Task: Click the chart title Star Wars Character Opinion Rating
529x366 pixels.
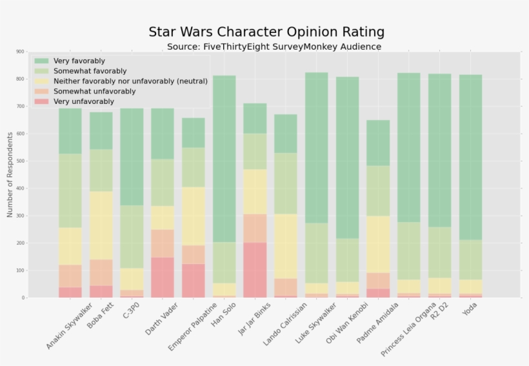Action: click(266, 32)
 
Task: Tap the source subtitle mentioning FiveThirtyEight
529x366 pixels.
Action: click(274, 47)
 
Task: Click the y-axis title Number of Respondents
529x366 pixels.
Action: click(10, 174)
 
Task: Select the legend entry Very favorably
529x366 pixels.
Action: click(79, 61)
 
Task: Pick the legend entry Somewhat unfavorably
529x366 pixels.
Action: click(94, 92)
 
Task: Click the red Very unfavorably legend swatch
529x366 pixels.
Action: click(42, 102)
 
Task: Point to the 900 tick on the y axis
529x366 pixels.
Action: click(20, 52)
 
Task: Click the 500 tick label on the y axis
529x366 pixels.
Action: click(20, 161)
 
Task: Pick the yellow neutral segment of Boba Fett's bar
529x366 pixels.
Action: click(101, 225)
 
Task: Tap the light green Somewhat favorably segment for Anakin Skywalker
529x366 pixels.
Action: click(70, 190)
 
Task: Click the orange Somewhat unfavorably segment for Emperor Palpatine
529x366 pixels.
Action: click(193, 254)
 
